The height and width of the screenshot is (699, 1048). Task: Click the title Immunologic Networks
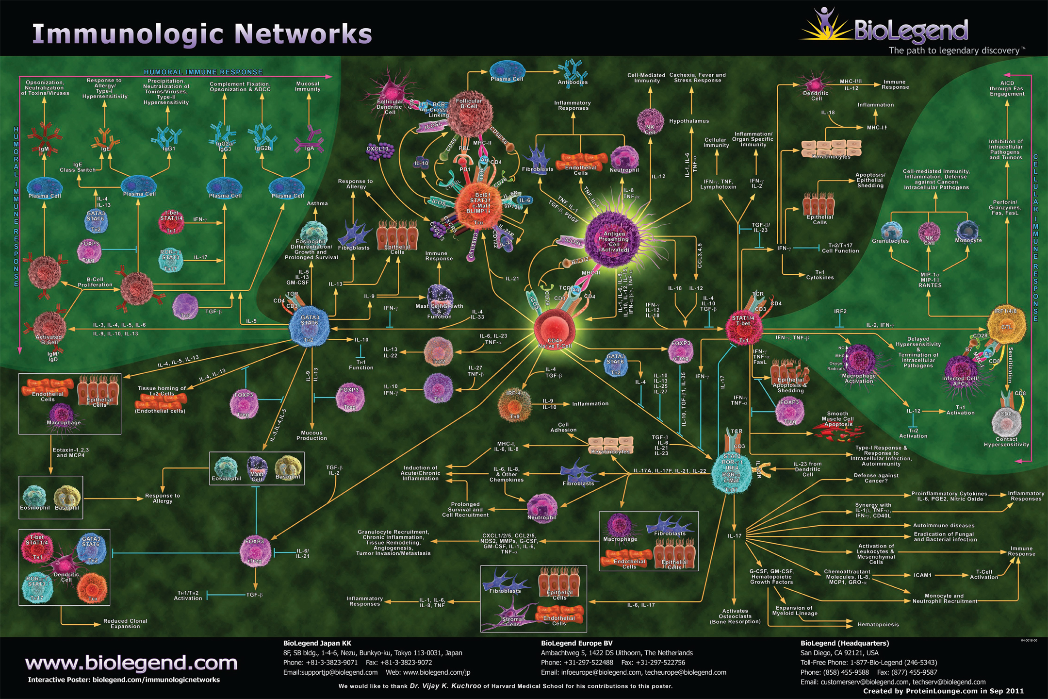(x=202, y=34)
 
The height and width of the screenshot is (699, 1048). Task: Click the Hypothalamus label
(x=689, y=121)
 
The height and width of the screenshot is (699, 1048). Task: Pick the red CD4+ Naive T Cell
(x=555, y=329)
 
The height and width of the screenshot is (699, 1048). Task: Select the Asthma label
(x=317, y=203)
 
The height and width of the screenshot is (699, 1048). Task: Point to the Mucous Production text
(x=311, y=435)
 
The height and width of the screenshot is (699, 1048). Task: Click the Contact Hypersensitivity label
(x=1006, y=442)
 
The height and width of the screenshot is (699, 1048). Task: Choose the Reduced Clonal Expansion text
(x=125, y=623)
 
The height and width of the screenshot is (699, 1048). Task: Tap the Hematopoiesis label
(x=878, y=624)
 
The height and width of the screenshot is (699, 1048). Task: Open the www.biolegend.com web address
(x=131, y=663)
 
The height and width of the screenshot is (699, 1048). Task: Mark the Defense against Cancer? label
(x=876, y=478)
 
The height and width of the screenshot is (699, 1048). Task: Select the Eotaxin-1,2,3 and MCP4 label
(x=70, y=452)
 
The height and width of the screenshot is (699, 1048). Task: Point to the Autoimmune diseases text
(x=944, y=525)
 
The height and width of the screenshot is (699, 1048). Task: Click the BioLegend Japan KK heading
(x=317, y=643)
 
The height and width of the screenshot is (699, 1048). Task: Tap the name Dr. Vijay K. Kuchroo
(x=445, y=686)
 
